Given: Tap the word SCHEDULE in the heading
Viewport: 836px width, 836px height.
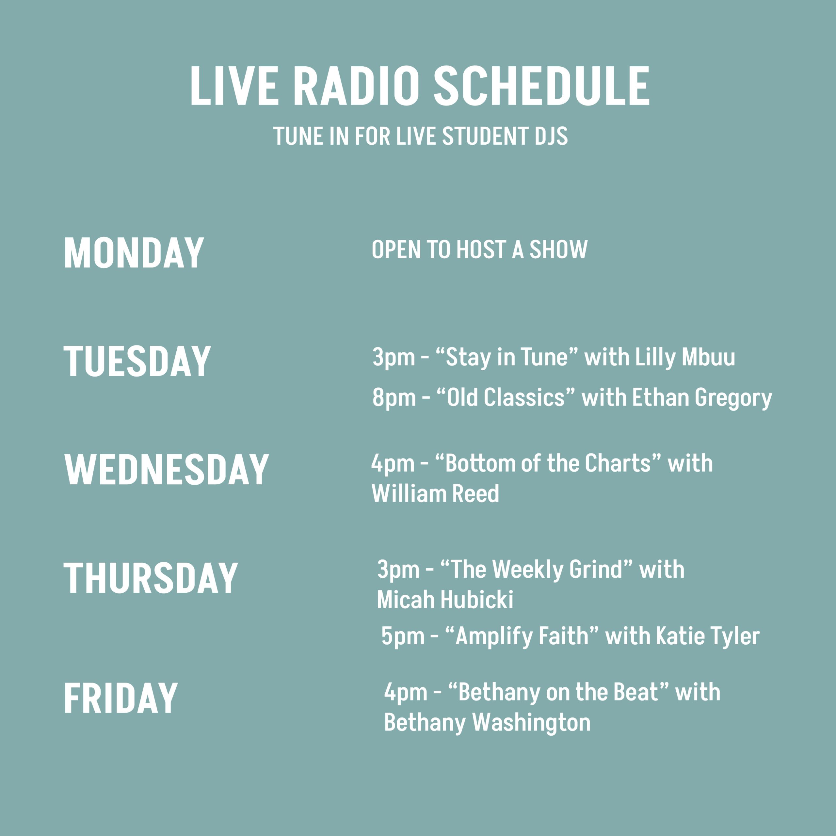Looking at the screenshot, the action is pyautogui.click(x=542, y=86).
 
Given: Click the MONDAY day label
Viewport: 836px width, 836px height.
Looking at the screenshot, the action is pyautogui.click(x=134, y=253).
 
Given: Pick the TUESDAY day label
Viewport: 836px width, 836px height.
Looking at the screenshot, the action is pyautogui.click(x=137, y=361).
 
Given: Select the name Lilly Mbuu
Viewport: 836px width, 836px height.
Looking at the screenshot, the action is pyautogui.click(x=685, y=357).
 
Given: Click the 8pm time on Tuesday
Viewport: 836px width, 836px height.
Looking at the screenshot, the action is pyautogui.click(x=394, y=398).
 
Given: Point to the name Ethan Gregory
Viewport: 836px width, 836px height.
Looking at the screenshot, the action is pyautogui.click(x=702, y=398).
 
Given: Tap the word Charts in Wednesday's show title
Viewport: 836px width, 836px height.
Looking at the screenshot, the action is pyautogui.click(x=618, y=463).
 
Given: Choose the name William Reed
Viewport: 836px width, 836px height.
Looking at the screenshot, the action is pyautogui.click(x=435, y=493).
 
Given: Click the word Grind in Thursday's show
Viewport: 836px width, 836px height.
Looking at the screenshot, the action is pyautogui.click(x=596, y=570).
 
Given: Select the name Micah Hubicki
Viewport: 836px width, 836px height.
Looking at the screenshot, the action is pyautogui.click(x=445, y=600).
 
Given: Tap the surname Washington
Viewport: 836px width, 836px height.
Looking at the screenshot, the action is pyautogui.click(x=531, y=723).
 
